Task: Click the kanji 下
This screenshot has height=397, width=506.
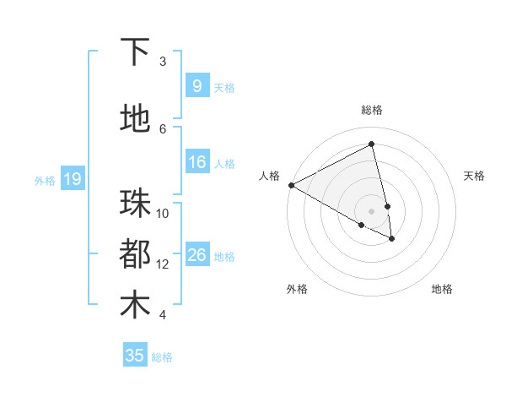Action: [x=136, y=52]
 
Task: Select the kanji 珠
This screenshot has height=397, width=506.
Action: [x=136, y=204]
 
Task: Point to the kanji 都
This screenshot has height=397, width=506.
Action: [x=136, y=254]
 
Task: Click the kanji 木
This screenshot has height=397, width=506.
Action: [x=136, y=305]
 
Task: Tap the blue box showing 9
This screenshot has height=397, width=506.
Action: [x=196, y=85]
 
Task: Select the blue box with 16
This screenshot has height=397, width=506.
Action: [x=196, y=162]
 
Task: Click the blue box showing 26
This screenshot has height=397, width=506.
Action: [x=196, y=254]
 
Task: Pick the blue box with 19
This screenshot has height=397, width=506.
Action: [x=72, y=179]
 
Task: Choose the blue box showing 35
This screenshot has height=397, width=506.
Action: [x=135, y=356]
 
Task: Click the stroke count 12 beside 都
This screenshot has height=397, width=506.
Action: [x=163, y=264]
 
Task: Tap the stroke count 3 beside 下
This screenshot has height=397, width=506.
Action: [x=163, y=62]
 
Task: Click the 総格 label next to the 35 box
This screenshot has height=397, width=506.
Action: [x=162, y=357]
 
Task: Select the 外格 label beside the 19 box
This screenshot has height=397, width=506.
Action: [x=45, y=180]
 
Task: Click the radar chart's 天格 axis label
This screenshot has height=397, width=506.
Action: [x=474, y=176]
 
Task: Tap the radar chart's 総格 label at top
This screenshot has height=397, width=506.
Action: [x=372, y=110]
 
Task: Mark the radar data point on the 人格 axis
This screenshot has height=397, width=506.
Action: [x=291, y=185]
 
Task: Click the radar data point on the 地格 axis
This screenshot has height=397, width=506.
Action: [x=392, y=239]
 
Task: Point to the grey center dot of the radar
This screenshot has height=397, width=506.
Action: [x=372, y=210]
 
